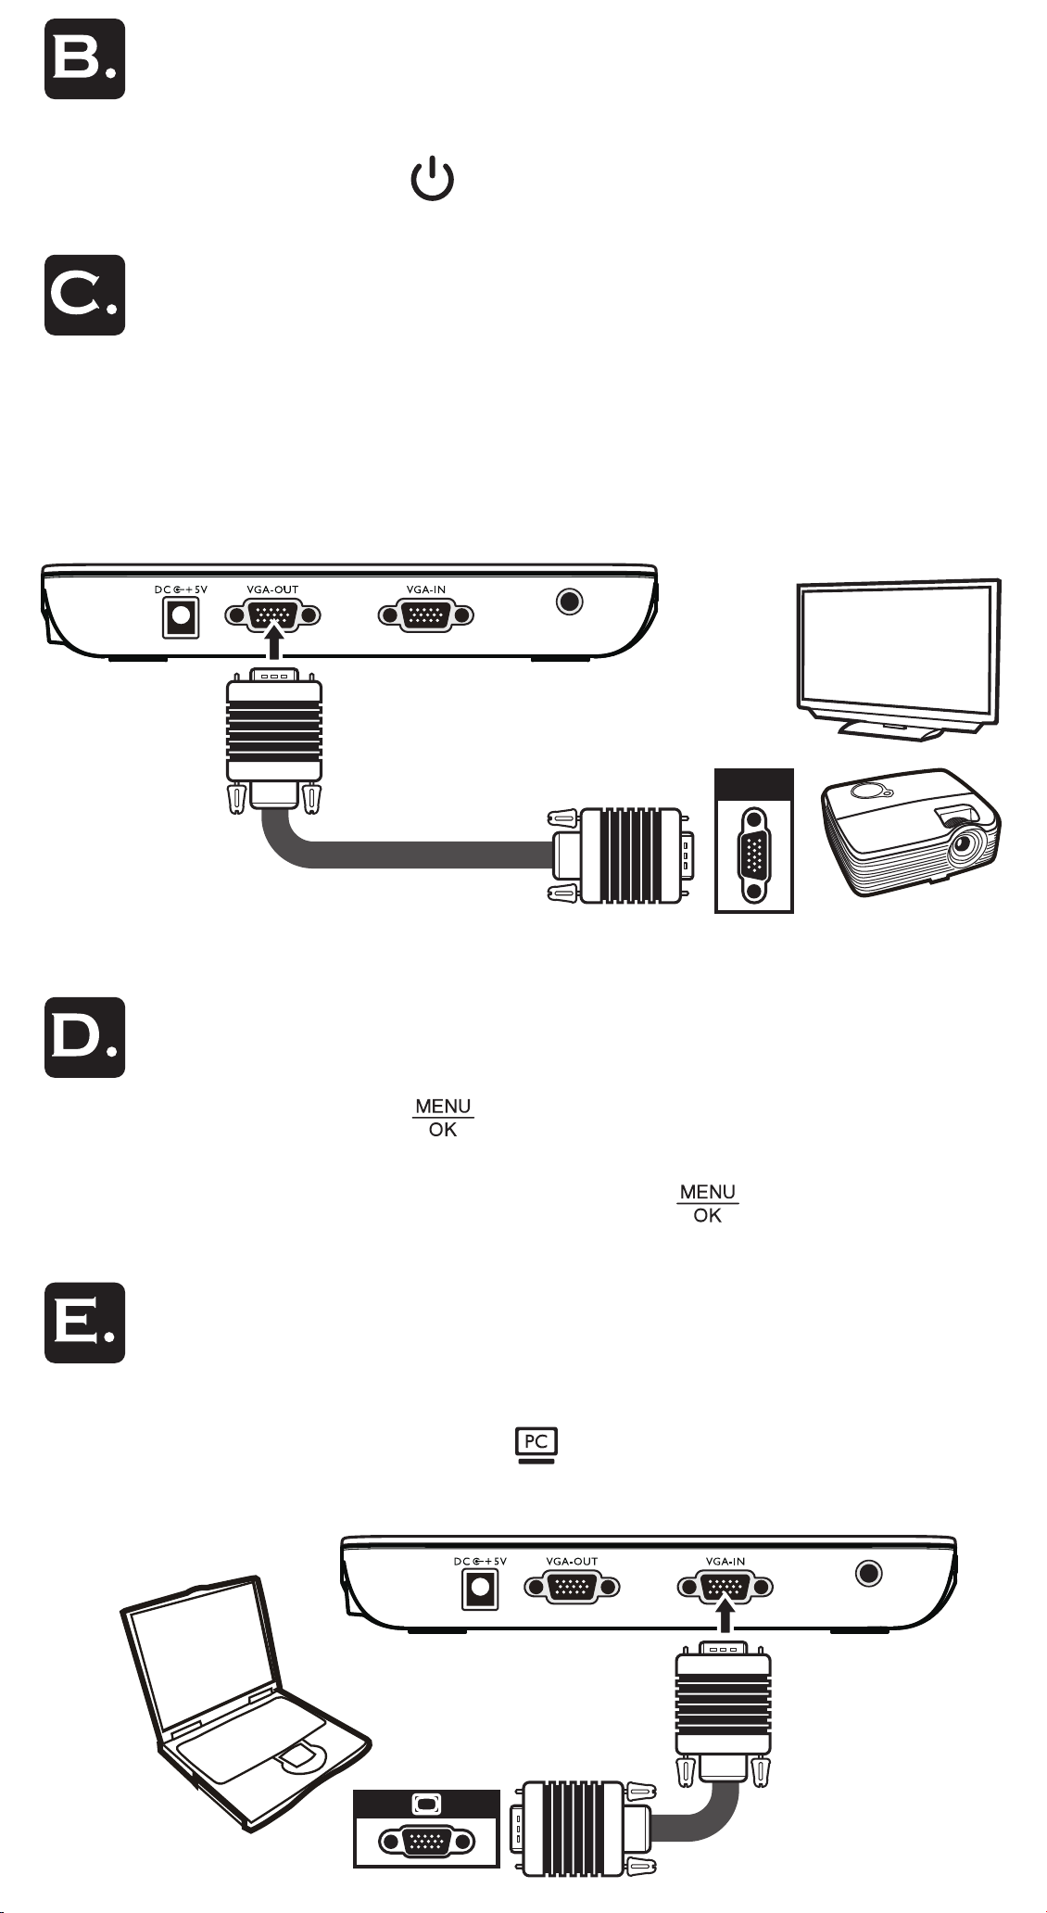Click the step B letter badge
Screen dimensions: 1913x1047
(x=84, y=58)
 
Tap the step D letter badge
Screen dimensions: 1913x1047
(x=84, y=1037)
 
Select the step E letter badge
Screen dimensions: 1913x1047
(x=84, y=1323)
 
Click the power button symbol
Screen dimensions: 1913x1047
(x=433, y=180)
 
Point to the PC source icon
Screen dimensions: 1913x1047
(x=536, y=1445)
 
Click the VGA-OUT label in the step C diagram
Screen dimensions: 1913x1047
(x=272, y=589)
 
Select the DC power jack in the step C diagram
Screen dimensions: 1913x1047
(x=181, y=617)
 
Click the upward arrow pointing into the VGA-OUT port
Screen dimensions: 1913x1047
(x=272, y=642)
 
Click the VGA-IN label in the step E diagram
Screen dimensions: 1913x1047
(x=725, y=1562)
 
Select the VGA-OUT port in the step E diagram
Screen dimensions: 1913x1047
(x=573, y=1587)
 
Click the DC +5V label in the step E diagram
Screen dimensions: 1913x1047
(x=480, y=1562)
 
